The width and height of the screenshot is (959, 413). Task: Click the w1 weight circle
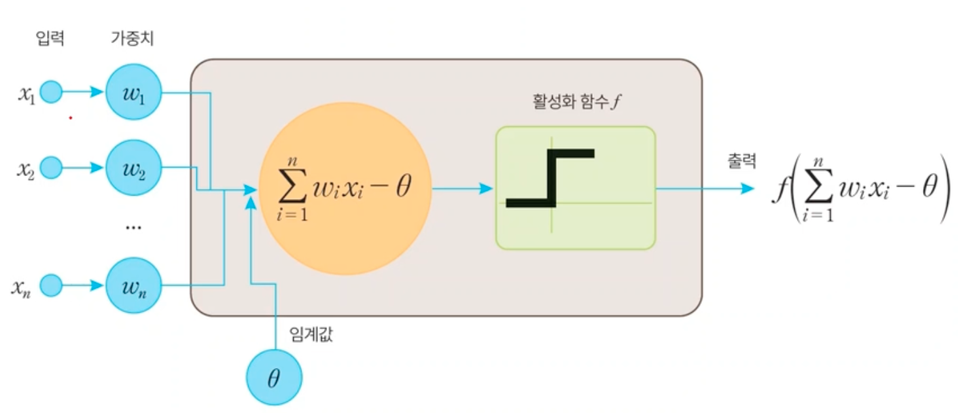tap(133, 92)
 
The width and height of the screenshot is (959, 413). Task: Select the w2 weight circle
tap(133, 168)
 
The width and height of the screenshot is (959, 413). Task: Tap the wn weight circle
tap(133, 286)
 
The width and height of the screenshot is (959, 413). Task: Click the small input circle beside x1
tap(51, 92)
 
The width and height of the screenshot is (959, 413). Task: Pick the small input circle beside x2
tap(51, 168)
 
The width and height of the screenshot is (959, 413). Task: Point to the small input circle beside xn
tap(51, 286)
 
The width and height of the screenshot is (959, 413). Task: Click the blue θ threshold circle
tap(274, 378)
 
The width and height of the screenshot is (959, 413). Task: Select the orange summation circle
tap(345, 189)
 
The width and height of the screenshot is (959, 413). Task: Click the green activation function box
tap(575, 189)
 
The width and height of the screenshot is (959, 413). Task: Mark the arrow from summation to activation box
tap(462, 189)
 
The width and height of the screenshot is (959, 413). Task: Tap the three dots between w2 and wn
tap(133, 228)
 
